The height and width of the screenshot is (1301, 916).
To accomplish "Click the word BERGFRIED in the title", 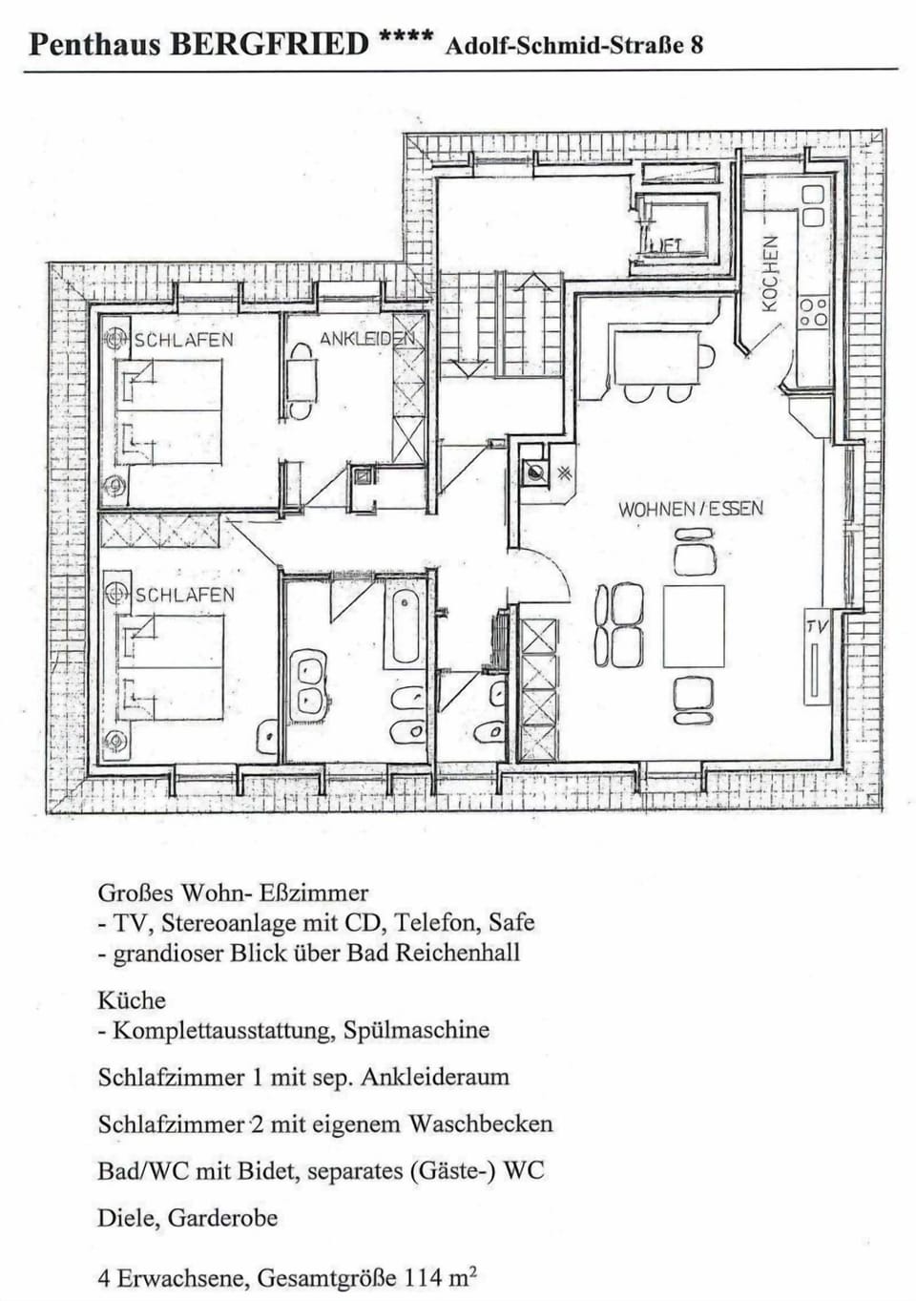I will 268,44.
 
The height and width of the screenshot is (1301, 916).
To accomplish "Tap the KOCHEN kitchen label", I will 770,273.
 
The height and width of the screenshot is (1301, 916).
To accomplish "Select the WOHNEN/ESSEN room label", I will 691,509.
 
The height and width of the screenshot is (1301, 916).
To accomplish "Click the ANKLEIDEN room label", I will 366,339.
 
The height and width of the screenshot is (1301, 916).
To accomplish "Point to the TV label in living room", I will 817,626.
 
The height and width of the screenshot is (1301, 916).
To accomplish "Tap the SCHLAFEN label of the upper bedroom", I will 183,340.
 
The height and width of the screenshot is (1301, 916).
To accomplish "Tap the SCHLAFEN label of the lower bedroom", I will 184,595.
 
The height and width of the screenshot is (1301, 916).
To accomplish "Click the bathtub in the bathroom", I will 405,627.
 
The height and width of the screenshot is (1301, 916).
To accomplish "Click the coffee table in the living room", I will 694,626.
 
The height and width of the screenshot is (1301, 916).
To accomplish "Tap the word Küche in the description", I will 132,1000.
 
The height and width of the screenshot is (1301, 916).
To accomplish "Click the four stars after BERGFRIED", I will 406,38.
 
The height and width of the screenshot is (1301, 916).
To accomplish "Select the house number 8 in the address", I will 697,45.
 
